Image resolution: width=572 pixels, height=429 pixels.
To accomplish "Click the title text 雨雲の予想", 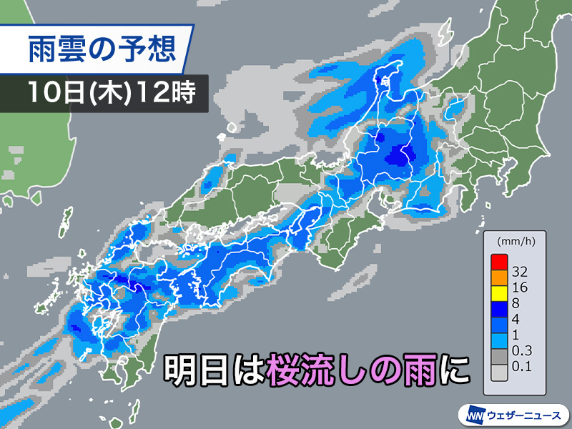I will click(x=100, y=49).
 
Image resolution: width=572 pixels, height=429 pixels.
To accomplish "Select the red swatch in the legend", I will click(x=499, y=261).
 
